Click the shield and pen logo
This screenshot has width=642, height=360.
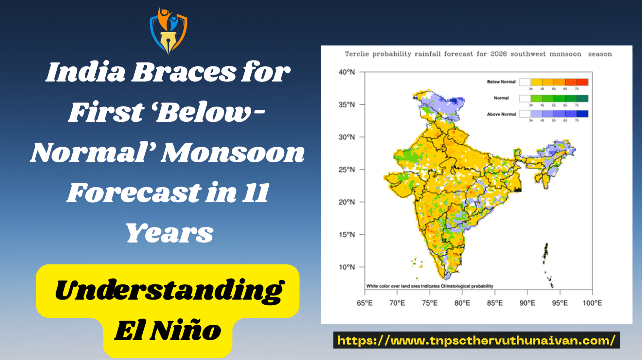click(168, 31)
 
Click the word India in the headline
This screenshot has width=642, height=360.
click(86, 72)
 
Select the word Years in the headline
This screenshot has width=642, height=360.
click(169, 233)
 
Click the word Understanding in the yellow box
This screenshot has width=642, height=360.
click(169, 291)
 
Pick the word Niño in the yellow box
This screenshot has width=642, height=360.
click(185, 330)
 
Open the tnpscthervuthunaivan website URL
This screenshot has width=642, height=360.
click(476, 340)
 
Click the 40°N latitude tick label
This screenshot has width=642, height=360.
click(346, 72)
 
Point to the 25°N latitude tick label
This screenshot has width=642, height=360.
click(346, 170)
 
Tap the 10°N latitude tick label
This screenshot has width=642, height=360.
click(346, 267)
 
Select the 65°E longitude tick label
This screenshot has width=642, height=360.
click(365, 303)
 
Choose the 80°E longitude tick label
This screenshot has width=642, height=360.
click(462, 303)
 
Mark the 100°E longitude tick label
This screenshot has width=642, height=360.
click(592, 303)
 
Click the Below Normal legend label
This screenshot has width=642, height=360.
click(501, 82)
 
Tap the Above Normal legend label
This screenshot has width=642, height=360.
click(501, 114)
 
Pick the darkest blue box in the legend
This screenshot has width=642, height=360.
click(582, 114)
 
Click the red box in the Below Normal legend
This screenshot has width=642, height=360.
click(582, 82)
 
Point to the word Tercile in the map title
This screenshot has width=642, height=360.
click(357, 54)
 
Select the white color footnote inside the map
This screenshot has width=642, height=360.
click(429, 286)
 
